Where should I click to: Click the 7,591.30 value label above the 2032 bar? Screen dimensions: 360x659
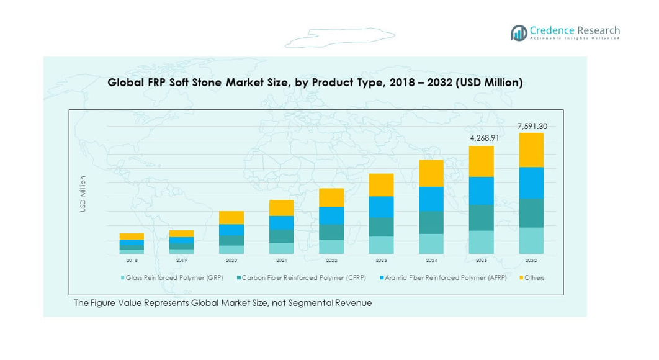pos(532,127)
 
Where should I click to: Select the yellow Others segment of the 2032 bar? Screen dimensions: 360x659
pos(531,150)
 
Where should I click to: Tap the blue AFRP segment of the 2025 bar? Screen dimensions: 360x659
pos(481,191)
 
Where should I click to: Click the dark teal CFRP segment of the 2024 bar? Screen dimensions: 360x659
pos(431,222)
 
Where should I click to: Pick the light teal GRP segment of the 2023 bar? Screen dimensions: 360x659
pos(381,245)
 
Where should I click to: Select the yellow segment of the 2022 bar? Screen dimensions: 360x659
pos(331,197)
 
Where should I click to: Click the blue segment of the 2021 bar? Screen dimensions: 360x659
pos(281,223)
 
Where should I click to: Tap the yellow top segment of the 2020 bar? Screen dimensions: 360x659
pos(231,217)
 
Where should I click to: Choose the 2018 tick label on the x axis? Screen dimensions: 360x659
pos(132,261)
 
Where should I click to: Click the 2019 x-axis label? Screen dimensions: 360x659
pos(181,261)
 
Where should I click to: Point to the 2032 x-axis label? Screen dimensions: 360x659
pos(531,261)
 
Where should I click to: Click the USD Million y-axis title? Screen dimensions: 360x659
pos(83,194)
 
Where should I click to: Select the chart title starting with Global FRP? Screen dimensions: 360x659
pos(315,82)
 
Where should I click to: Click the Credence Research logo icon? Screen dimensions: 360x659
pos(519,33)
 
